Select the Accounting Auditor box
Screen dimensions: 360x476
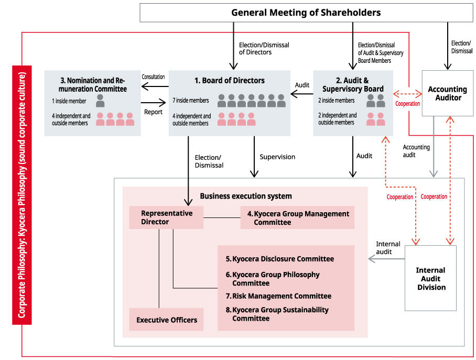tap(447, 93)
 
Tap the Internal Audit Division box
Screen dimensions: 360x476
tap(430, 278)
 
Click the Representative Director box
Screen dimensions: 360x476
tap(166, 217)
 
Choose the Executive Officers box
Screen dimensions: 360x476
tap(167, 320)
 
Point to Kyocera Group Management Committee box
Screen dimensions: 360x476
tap(297, 217)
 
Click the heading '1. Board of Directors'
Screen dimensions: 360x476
tap(230, 81)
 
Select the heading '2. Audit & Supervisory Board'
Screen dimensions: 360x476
tap(352, 85)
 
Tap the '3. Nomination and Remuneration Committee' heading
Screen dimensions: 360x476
tap(93, 85)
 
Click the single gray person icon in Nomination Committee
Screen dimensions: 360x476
tap(100, 101)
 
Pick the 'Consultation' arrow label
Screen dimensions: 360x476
tap(153, 77)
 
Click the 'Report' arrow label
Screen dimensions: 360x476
tap(153, 112)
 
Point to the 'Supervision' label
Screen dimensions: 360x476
tap(277, 157)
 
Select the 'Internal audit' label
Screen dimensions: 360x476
tap(388, 248)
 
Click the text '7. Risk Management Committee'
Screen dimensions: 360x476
tap(278, 296)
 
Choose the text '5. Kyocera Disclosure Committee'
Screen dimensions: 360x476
tap(279, 259)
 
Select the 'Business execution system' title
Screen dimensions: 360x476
tap(245, 196)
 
